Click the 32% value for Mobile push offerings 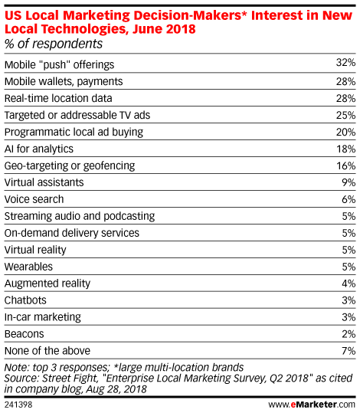[345, 63]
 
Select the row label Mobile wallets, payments [64, 82]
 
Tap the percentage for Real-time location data [345, 99]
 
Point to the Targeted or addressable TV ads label [77, 115]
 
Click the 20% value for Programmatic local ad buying [345, 132]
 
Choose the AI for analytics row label [39, 149]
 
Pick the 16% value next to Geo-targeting [345, 166]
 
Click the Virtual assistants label [44, 182]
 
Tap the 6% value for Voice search [349, 199]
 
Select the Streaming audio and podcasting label [80, 216]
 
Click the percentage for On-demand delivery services [349, 233]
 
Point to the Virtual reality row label [35, 250]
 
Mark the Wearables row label [28, 267]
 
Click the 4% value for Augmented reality [349, 284]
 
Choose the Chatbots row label [25, 300]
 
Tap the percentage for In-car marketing [349, 317]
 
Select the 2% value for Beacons [349, 334]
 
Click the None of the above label [47, 351]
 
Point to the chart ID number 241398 [18, 405]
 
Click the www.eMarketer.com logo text [312, 405]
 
